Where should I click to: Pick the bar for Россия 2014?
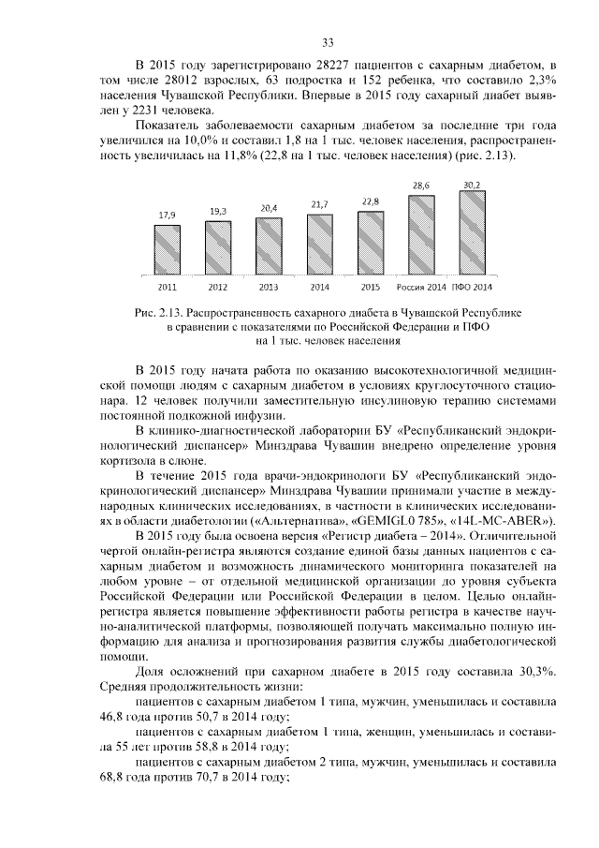coord(421,232)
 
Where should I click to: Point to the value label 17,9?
coord(167,215)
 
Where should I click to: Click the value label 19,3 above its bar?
coord(218,211)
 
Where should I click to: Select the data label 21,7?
coord(320,204)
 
